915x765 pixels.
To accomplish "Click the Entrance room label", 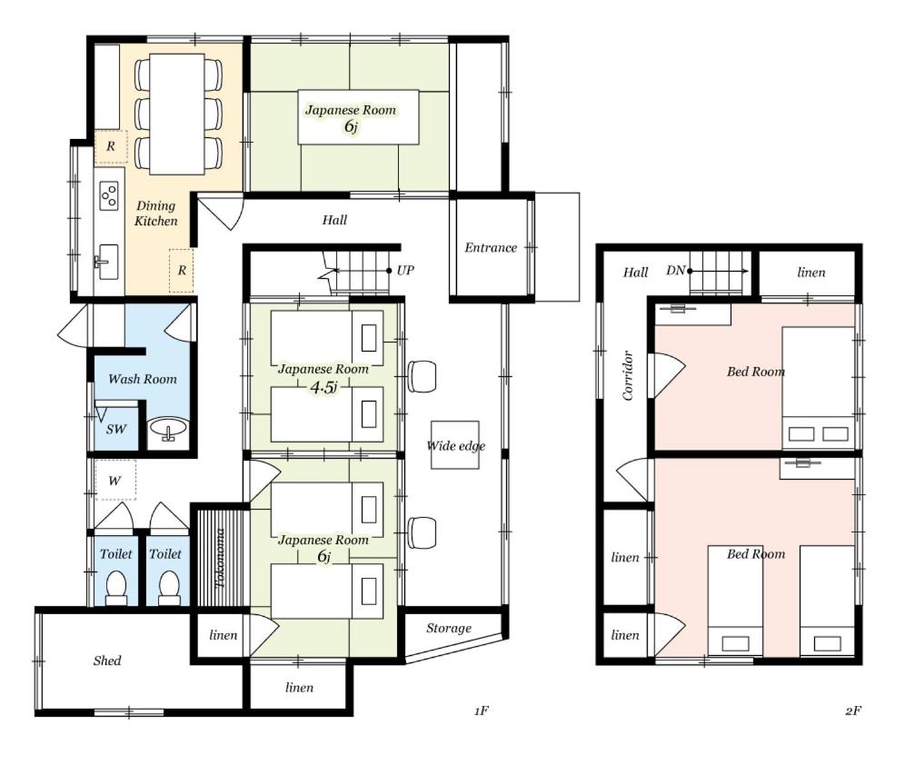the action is coord(491,247).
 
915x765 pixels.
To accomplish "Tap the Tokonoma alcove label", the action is coord(221,559).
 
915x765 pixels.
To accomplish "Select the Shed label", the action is coord(107,661).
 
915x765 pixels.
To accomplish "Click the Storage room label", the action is coord(449,629).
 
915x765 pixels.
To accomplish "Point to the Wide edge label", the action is coord(456,446).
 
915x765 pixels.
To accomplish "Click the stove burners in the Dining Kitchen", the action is coord(109,195).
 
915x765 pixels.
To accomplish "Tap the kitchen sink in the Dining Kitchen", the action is coord(107,262).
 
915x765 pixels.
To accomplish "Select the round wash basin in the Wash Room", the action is coord(169,430).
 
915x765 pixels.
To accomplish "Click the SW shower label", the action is coord(116,430).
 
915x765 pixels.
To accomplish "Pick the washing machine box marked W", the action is coord(115,480).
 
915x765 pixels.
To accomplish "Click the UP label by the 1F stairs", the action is coord(405,270).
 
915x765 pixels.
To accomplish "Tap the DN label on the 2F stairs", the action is coord(675,271).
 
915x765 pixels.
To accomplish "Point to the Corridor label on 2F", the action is coord(628,375).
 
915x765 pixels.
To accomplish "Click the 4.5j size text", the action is coord(323,387).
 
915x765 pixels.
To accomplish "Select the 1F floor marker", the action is coord(482,710).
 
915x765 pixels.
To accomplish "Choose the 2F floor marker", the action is coord(853,710).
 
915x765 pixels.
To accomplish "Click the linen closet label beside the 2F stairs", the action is coord(811,273).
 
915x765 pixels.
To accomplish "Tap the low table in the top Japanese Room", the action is coord(358,116).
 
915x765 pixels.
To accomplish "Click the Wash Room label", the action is coord(143,379).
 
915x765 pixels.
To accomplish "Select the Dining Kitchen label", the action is coord(155,213).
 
